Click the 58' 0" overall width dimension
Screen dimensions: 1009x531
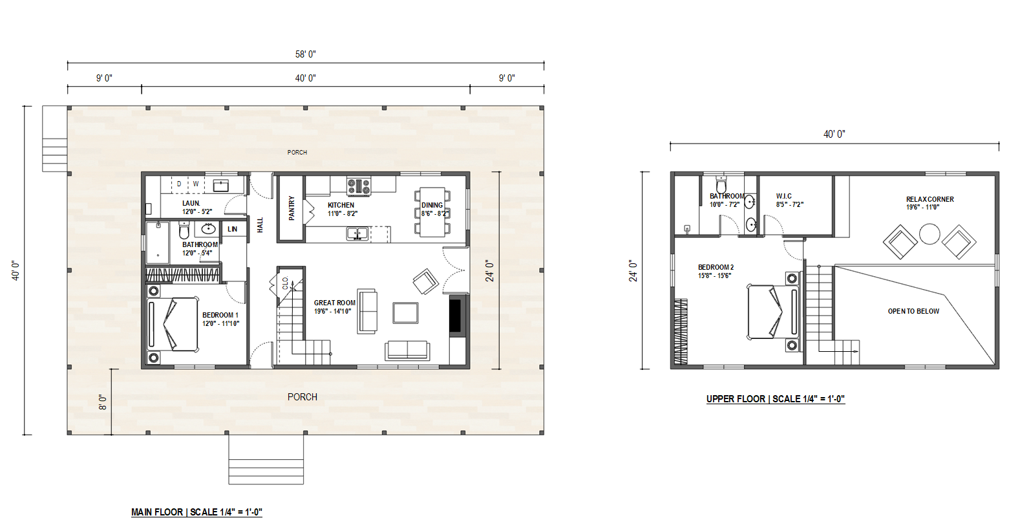coord(305,54)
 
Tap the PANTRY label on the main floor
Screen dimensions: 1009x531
coord(292,208)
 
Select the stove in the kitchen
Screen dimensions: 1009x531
coord(359,186)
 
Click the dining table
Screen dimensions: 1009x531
coord(432,212)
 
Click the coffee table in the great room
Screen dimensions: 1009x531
coord(405,313)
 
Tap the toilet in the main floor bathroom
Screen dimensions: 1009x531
coord(184,230)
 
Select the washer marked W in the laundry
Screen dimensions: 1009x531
coord(196,184)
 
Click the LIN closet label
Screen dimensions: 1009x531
coord(233,229)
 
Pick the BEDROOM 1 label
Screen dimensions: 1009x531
coord(220,315)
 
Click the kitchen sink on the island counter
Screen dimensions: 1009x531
coord(357,234)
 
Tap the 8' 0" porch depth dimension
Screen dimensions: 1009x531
coord(103,402)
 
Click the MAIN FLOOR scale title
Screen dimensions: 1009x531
coord(196,512)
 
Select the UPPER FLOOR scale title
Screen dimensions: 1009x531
coord(775,399)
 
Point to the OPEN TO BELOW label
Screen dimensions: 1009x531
coord(913,311)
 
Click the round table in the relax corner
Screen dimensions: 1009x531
coord(929,234)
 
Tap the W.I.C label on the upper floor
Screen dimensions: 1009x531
coord(784,196)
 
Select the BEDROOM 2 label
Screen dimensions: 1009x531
coord(716,267)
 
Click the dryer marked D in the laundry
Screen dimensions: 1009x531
coord(179,184)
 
